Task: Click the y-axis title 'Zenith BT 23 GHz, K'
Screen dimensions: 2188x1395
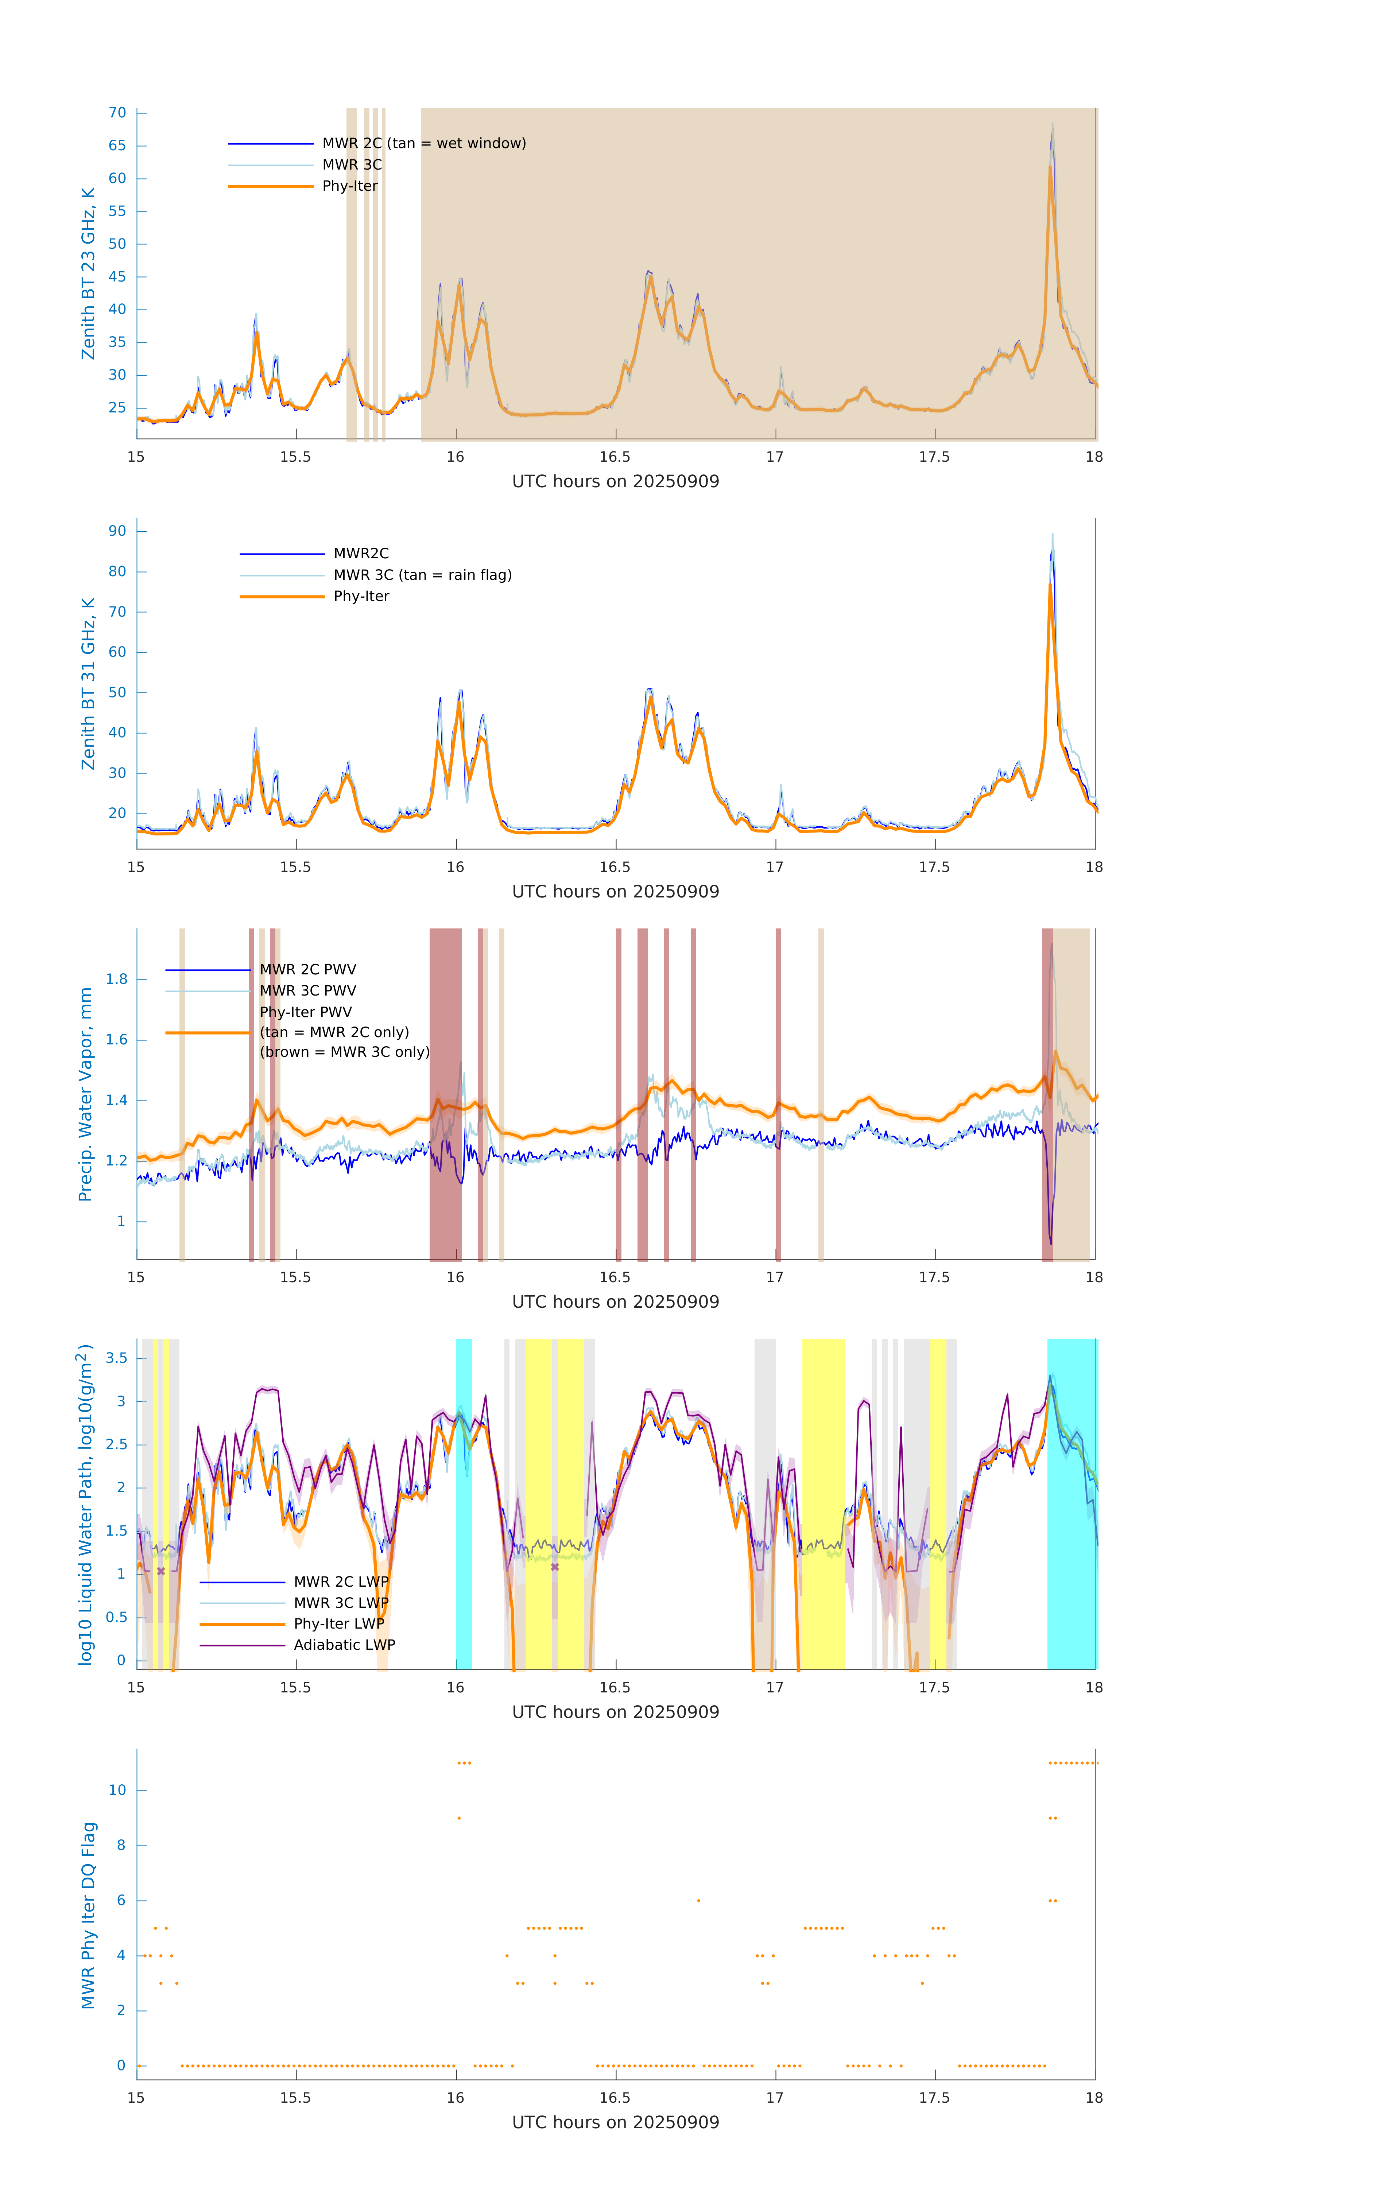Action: pyautogui.click(x=88, y=273)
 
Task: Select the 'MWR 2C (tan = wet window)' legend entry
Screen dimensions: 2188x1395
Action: pyautogui.click(x=423, y=144)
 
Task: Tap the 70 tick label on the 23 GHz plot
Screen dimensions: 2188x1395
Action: pyautogui.click(x=117, y=113)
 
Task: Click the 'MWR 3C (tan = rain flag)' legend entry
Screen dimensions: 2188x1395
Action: pyautogui.click(x=423, y=575)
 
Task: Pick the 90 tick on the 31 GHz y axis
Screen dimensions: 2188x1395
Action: pyautogui.click(x=117, y=532)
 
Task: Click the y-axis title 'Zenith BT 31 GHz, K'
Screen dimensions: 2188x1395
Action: pyautogui.click(x=88, y=683)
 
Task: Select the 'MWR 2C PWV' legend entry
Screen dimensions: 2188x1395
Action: pyautogui.click(x=307, y=970)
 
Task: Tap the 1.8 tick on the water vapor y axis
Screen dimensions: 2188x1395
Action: pyautogui.click(x=116, y=979)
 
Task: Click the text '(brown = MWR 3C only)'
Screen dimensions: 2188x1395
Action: pyautogui.click(x=344, y=1052)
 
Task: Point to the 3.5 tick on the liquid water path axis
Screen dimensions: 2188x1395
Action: pyautogui.click(x=116, y=1358)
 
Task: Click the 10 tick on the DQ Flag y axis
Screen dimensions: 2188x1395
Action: pyautogui.click(x=117, y=1791)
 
